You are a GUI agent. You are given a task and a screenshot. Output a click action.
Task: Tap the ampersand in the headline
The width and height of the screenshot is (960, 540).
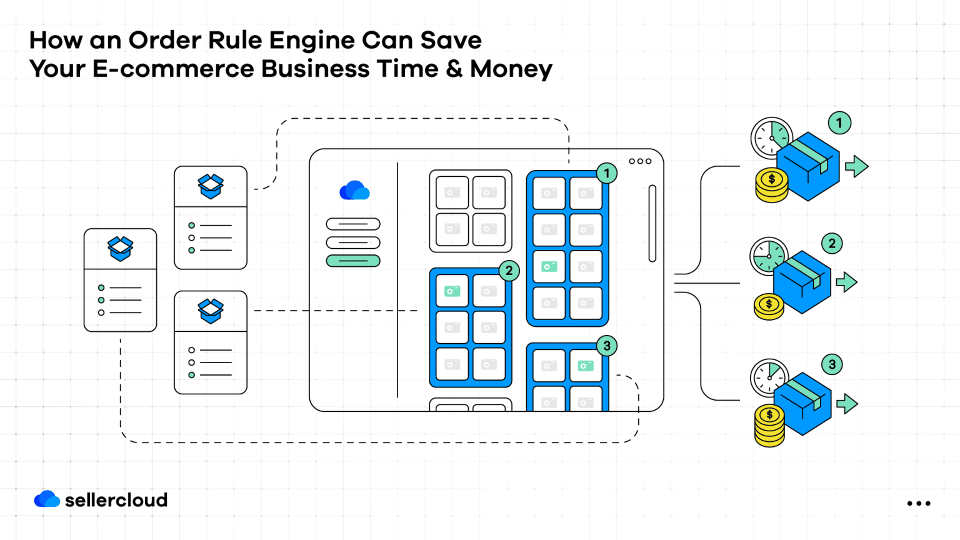pyautogui.click(x=454, y=69)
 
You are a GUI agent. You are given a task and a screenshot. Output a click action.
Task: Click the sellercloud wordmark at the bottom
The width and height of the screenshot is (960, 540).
pyautogui.click(x=116, y=500)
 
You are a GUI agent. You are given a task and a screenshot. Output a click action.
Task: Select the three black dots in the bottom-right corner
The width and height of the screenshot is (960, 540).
pyautogui.click(x=919, y=503)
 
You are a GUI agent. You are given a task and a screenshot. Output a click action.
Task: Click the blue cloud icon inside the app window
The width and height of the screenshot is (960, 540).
pyautogui.click(x=354, y=191)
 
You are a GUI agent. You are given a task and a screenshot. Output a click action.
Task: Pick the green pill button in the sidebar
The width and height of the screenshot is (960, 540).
pyautogui.click(x=353, y=261)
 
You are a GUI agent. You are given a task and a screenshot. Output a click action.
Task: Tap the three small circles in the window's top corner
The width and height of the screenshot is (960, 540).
pyautogui.click(x=640, y=161)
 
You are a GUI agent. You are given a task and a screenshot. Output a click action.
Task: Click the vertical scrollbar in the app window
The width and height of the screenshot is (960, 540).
pyautogui.click(x=652, y=223)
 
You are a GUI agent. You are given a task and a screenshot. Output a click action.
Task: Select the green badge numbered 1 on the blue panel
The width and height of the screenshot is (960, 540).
pyautogui.click(x=606, y=173)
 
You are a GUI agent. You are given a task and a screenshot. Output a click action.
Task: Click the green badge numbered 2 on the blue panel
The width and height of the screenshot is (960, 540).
pyautogui.click(x=509, y=271)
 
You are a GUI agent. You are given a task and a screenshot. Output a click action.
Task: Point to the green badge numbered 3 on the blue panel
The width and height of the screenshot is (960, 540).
pyautogui.click(x=606, y=346)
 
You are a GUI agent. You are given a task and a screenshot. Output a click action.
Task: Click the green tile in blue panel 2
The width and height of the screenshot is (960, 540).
pyautogui.click(x=452, y=291)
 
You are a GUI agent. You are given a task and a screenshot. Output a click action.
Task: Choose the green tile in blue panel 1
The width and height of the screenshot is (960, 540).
pyautogui.click(x=549, y=267)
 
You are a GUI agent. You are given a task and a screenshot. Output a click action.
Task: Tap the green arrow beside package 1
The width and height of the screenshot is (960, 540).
pyautogui.click(x=856, y=166)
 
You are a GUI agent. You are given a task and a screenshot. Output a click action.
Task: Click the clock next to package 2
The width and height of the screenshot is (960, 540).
pyautogui.click(x=767, y=256)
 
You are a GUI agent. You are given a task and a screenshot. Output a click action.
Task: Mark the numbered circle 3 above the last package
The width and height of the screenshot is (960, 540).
pyautogui.click(x=832, y=364)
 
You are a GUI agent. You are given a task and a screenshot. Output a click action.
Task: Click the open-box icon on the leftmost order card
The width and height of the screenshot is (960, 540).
pyautogui.click(x=120, y=248)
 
